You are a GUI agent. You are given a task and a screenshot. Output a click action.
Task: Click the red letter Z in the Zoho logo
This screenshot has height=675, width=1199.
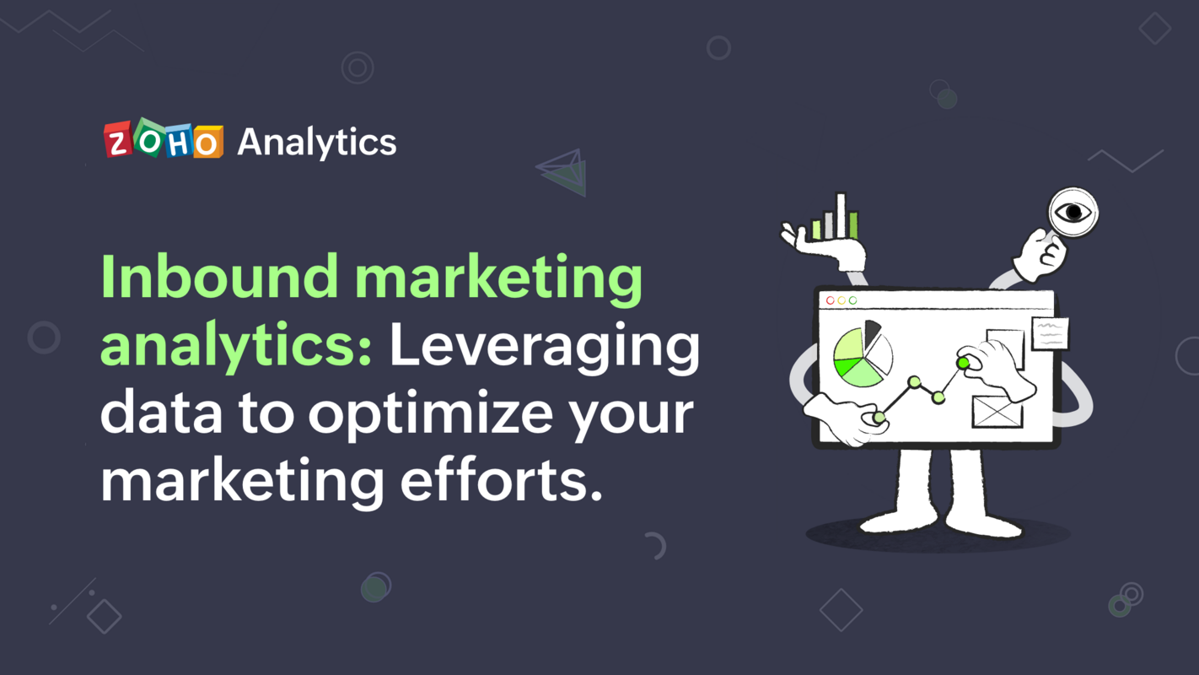coord(119,141)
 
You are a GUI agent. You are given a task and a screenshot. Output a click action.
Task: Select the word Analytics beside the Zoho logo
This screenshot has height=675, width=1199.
coord(316,143)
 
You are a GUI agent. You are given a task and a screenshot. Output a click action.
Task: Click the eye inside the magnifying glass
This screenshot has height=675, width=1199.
coord(1073,211)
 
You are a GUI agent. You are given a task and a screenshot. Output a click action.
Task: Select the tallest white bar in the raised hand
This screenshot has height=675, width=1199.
coord(841,215)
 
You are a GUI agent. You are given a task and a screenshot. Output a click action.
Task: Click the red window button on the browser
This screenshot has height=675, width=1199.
coord(830,300)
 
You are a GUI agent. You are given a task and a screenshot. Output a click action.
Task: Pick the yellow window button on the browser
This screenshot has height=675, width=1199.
coord(841,300)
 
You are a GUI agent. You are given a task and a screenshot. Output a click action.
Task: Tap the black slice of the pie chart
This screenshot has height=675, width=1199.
coord(872,332)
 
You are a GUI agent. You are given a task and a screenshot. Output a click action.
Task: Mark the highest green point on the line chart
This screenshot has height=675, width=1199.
coord(963,363)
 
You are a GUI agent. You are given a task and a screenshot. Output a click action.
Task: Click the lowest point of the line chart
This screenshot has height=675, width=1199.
coord(879,417)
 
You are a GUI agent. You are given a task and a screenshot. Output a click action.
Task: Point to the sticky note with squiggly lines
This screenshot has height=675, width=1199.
coord(1050,334)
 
